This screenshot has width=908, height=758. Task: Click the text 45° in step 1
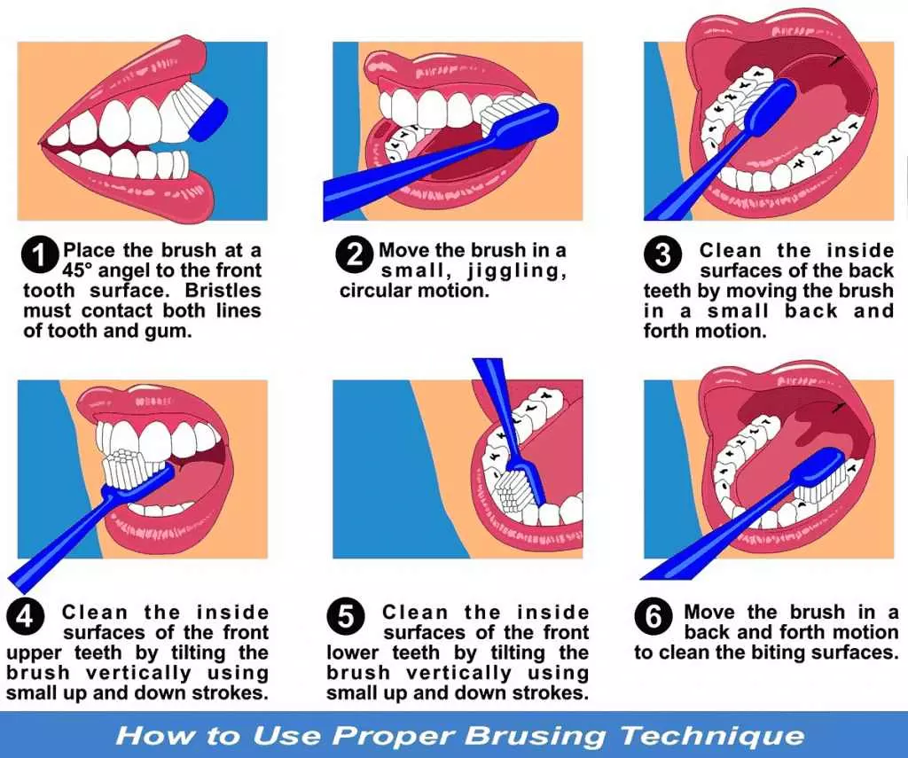(x=82, y=270)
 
